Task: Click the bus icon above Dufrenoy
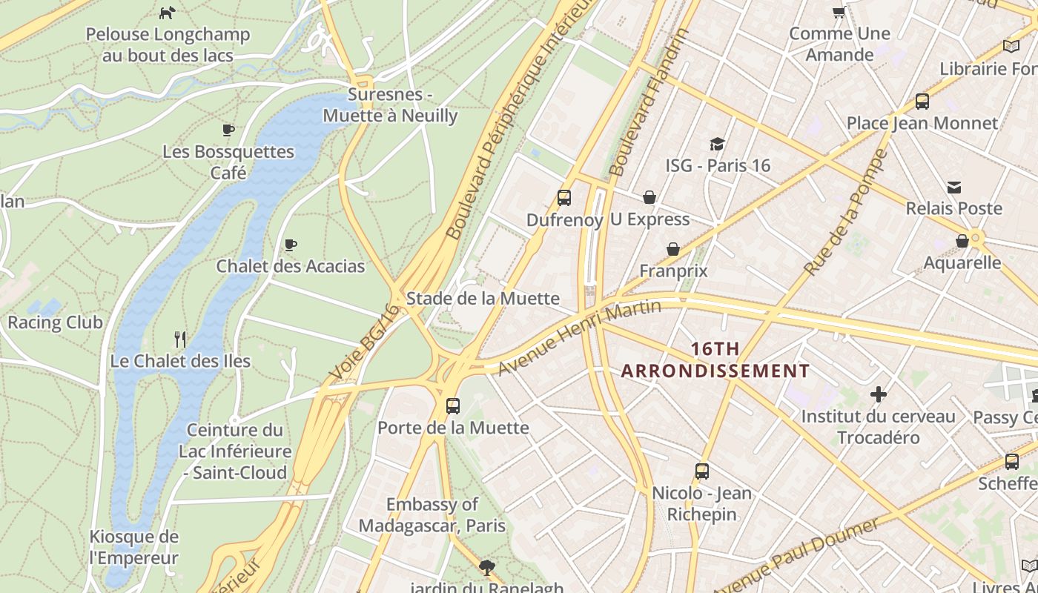click(x=564, y=198)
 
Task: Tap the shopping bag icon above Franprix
click(x=673, y=249)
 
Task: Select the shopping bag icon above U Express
click(x=649, y=197)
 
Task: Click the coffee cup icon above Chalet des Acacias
click(x=291, y=245)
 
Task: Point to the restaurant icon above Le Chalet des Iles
click(x=180, y=339)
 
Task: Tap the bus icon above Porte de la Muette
click(x=453, y=406)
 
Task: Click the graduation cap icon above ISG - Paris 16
click(x=717, y=144)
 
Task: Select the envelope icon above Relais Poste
click(x=954, y=188)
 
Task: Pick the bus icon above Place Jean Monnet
click(x=922, y=102)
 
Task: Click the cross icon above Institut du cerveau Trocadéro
click(x=879, y=394)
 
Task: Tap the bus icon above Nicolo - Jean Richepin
click(x=701, y=471)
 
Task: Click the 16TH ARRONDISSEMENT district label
click(x=715, y=360)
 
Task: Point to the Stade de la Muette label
click(x=483, y=299)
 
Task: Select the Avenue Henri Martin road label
click(x=579, y=338)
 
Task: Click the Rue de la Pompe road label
click(x=847, y=212)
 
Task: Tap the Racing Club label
click(x=55, y=322)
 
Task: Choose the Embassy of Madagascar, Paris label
click(x=432, y=515)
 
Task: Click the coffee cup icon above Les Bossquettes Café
click(x=228, y=130)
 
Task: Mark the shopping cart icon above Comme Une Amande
click(x=839, y=12)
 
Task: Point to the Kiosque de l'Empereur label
click(x=134, y=547)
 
